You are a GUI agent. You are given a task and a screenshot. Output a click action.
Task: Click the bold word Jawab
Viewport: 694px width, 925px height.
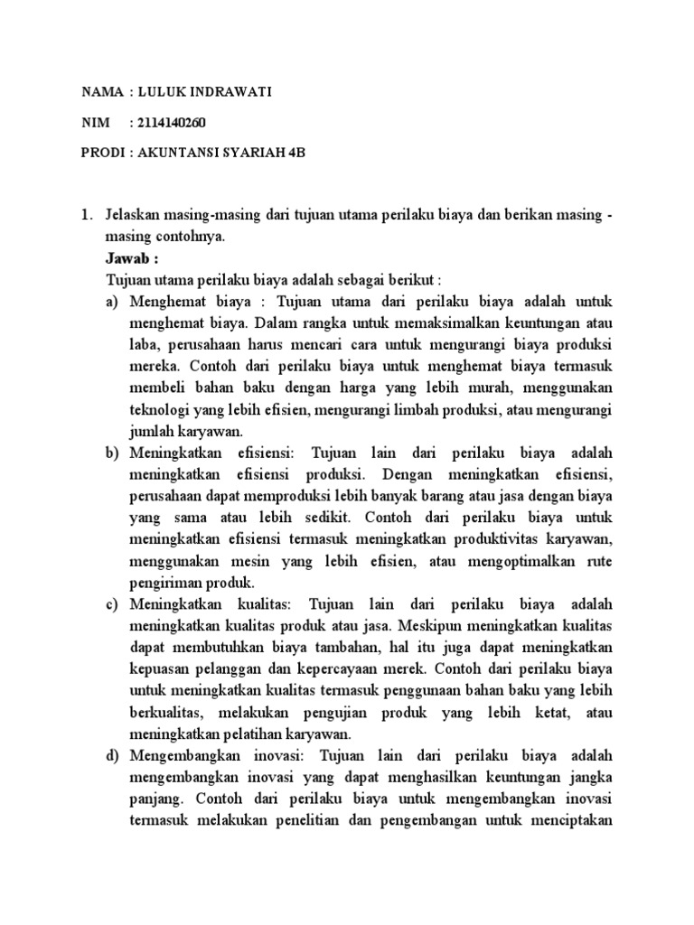tap(129, 257)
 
